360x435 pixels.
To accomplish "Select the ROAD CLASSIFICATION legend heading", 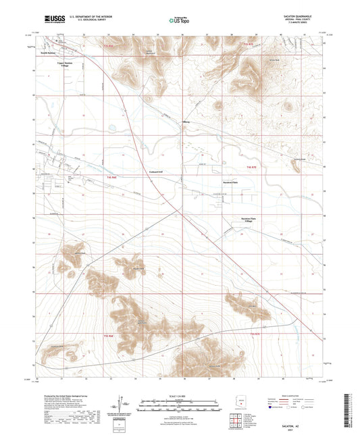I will point(292,397).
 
